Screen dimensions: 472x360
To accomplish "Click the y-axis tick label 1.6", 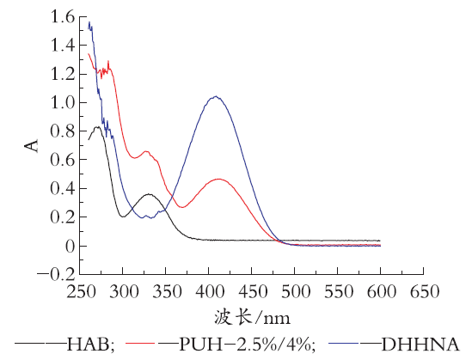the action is point(63,16).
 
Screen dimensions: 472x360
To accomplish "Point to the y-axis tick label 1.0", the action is point(63,102).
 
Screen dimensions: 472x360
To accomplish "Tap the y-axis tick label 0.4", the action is point(63,188).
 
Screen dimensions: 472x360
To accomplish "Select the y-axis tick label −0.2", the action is point(56,274).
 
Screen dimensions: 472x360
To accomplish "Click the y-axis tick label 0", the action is point(70,246).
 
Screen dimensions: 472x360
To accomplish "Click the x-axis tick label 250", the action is point(81,292).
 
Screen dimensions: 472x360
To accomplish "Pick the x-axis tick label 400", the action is point(210,292).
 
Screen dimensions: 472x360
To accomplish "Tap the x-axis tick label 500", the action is point(296,292).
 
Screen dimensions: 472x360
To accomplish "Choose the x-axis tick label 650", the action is point(425,292).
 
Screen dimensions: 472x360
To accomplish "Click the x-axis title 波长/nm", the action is point(252,318).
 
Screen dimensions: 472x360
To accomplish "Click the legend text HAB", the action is point(90,344).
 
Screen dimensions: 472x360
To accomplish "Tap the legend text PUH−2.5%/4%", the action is point(247,344).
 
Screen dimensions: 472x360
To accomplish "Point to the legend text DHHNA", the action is point(420,344).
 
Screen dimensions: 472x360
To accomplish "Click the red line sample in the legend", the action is point(140,343).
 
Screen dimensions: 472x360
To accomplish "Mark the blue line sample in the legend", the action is point(343,343).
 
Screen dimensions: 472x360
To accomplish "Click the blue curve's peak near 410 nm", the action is point(216,96).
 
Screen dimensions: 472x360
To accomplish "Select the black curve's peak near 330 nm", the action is point(149,194).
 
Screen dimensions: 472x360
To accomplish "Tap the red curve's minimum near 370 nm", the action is point(182,207).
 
